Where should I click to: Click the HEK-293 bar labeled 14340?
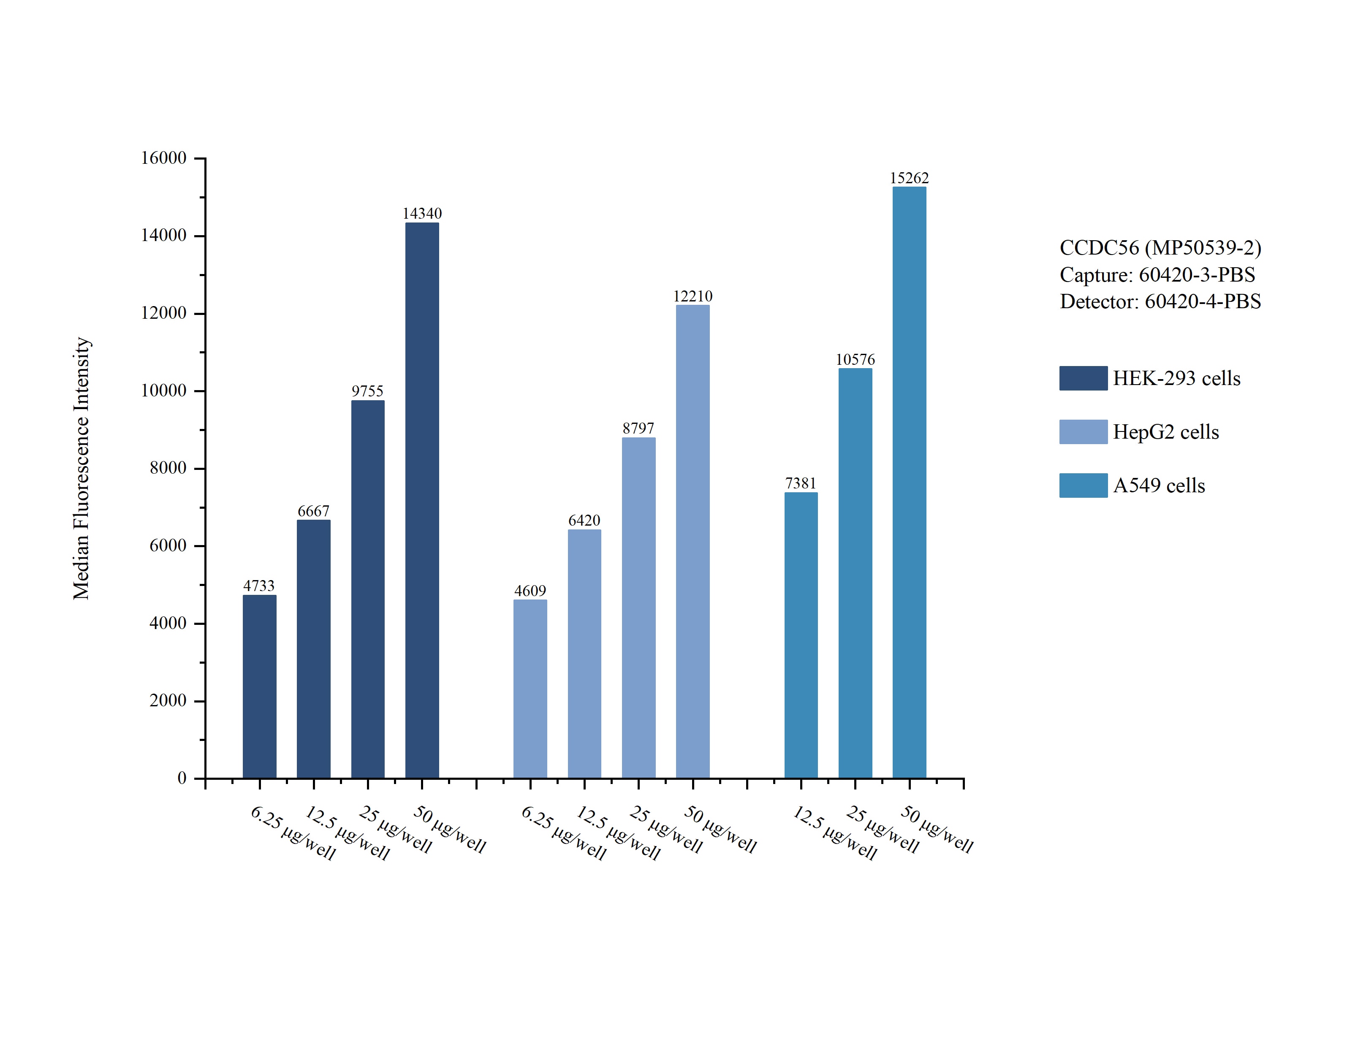422,500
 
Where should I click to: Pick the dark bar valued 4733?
259,686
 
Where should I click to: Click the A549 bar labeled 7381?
801,635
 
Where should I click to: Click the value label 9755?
367,391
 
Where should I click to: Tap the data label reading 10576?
855,359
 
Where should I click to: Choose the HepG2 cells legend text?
1166,431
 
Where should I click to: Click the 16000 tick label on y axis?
163,158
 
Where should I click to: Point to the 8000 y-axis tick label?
168,468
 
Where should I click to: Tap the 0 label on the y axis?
182,778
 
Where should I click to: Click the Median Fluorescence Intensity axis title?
81,468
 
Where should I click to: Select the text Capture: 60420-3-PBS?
1157,274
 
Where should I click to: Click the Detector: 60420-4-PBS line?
1160,301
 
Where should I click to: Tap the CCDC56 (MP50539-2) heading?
1160,247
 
